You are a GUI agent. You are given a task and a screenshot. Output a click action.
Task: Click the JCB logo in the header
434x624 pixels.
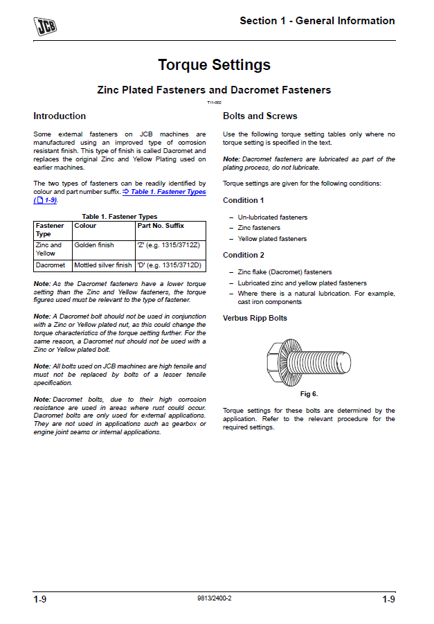pos(46,25)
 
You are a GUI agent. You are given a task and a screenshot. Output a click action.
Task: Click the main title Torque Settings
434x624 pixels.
pos(214,65)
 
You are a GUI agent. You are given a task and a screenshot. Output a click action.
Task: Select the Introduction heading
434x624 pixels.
pos(60,116)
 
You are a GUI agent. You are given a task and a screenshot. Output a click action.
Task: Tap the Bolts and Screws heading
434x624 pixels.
pos(260,116)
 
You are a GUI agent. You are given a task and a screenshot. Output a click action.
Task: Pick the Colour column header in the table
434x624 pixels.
pos(85,226)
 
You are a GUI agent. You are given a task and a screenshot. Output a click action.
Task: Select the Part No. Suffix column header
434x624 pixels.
pos(161,226)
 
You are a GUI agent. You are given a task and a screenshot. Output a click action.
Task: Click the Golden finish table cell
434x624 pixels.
pos(95,245)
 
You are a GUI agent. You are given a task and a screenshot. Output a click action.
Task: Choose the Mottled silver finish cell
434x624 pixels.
pos(103,265)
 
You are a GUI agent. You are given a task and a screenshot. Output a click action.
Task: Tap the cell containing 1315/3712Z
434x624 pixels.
pos(169,245)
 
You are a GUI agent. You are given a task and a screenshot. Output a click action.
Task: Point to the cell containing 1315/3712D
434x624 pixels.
pos(169,265)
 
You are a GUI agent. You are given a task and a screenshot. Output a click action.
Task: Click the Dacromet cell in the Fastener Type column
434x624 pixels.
pos(51,265)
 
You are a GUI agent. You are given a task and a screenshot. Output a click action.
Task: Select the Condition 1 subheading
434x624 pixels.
pos(244,200)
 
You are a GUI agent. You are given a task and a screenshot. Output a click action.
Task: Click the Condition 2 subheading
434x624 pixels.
pos(244,255)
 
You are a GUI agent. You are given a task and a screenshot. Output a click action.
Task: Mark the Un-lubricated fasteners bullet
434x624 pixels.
pos(273,217)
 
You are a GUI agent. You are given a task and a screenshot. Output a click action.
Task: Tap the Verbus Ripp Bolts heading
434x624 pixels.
pos(255,318)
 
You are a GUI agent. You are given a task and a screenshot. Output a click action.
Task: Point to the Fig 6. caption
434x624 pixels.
pos(309,393)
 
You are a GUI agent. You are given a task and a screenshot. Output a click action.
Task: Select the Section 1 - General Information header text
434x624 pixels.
pos(317,21)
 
